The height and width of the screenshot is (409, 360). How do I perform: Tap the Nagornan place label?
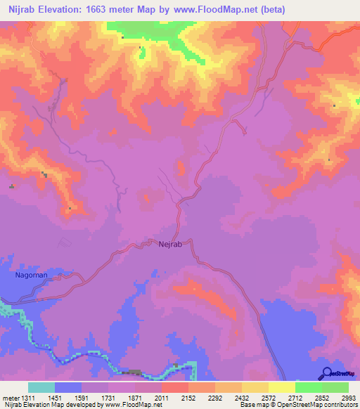[32, 275]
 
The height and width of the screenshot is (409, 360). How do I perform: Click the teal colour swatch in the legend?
[41, 387]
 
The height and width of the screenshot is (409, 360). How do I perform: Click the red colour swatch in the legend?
[175, 387]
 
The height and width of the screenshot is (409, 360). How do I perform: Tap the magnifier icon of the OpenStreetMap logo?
[326, 372]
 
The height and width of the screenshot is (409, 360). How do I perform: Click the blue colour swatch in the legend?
[68, 387]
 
